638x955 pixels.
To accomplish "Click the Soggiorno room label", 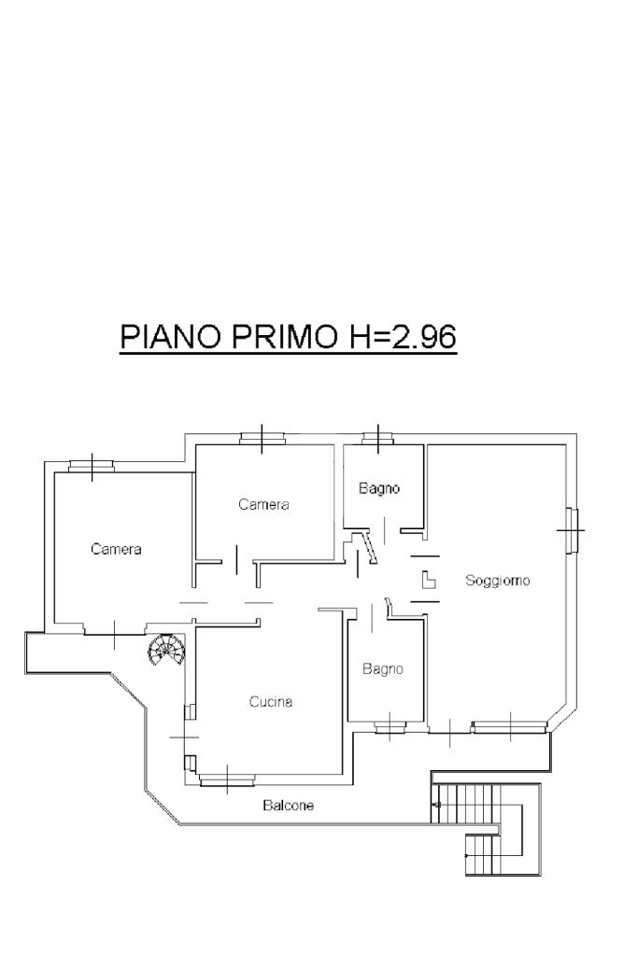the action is (x=497, y=581).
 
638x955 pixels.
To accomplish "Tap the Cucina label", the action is (x=271, y=702).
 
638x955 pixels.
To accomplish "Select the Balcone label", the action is (x=289, y=806).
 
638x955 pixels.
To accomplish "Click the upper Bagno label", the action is (x=379, y=488).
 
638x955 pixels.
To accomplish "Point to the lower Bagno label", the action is (x=383, y=668).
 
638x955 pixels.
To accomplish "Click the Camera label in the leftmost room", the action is (x=116, y=549).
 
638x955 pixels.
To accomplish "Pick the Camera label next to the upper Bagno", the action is (x=263, y=504).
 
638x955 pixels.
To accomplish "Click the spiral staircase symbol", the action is (x=165, y=650).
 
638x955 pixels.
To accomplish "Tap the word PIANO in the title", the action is (x=170, y=335).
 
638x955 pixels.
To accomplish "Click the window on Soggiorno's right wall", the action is (x=571, y=530).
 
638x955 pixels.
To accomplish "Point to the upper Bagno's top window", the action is (x=377, y=439).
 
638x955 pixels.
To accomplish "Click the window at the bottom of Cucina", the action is (x=227, y=779).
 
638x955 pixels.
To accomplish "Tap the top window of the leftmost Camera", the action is (x=92, y=466).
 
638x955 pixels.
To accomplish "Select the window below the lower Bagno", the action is (x=390, y=726).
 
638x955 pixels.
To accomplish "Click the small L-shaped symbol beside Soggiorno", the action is (x=429, y=580).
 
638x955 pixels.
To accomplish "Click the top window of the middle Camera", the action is (x=262, y=439).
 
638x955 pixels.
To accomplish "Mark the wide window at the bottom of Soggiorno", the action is (x=509, y=726).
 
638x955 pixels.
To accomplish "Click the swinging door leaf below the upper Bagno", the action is (x=370, y=546).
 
